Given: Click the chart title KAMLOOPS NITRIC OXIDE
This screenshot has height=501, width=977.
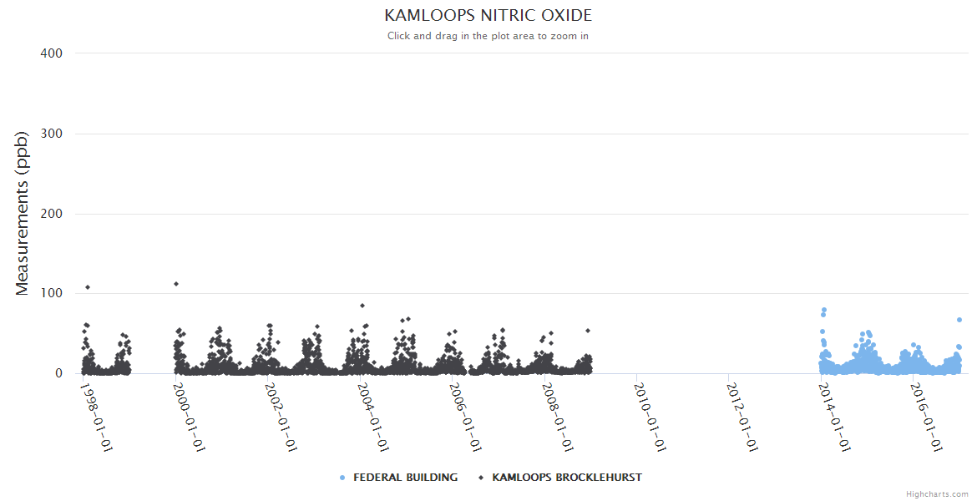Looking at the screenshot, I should [x=488, y=16].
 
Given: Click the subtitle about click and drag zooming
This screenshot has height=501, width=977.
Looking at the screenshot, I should [x=488, y=36].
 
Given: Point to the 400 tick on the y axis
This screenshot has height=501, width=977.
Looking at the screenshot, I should [x=51, y=53].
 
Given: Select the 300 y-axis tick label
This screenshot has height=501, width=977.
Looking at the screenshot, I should [x=51, y=134].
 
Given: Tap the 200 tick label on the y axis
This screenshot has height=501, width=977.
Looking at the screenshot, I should [x=51, y=214].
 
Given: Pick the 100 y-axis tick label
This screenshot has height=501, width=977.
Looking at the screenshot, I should [x=51, y=294].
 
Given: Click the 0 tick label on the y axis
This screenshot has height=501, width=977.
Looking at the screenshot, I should [x=58, y=374].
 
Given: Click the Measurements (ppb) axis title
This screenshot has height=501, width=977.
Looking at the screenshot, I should [x=23, y=214].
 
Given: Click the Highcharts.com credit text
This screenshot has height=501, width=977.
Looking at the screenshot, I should [x=937, y=493].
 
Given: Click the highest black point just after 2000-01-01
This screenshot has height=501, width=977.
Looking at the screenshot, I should [x=176, y=284].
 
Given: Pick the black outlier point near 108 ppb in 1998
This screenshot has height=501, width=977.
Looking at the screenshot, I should [x=88, y=287].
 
